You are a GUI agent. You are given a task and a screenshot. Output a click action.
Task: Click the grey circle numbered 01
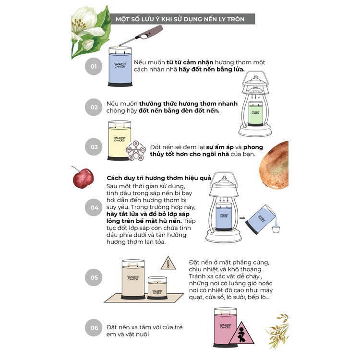(94, 66)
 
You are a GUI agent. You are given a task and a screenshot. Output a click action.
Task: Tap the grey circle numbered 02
(94, 107)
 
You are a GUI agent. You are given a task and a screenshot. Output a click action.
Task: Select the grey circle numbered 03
(94, 147)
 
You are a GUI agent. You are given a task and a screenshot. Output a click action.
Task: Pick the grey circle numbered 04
(94, 207)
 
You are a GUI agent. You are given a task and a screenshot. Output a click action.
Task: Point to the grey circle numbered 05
(94, 277)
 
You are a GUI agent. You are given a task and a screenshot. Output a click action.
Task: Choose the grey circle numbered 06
(94, 328)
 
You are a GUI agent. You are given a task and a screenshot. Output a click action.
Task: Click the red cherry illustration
(83, 178)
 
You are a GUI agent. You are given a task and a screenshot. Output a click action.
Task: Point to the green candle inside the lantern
(255, 113)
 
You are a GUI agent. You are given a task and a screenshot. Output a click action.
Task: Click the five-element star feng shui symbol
(136, 151)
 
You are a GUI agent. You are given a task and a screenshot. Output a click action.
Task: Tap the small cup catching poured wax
(276, 229)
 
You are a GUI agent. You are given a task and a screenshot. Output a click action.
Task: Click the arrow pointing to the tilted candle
(242, 218)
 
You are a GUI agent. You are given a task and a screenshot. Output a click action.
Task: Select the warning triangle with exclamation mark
(168, 263)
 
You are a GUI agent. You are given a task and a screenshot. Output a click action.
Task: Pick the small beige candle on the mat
(157, 288)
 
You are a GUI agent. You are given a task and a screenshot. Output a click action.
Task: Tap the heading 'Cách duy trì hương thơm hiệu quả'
(159, 178)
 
